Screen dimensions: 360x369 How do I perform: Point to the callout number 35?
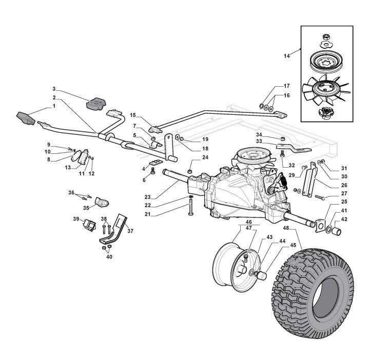point(86,208)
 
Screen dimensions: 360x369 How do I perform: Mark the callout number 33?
point(260,141)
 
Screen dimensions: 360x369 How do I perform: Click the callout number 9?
point(49,145)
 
